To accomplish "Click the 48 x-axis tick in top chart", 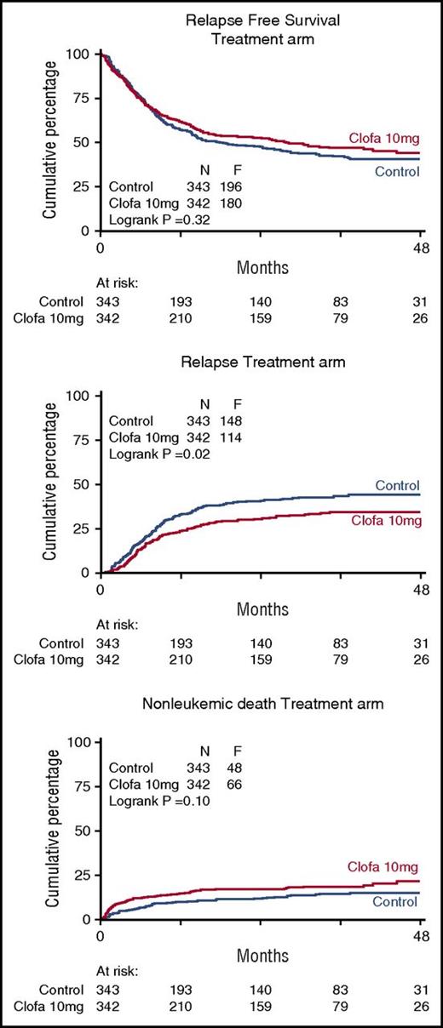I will pos(421,248).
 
